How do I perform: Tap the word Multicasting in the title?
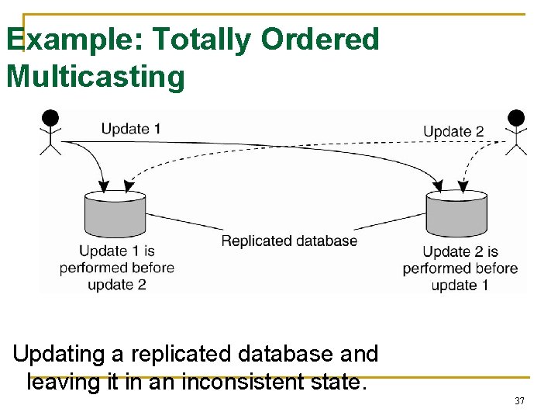95,77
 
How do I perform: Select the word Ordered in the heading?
320,40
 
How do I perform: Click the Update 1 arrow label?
131,129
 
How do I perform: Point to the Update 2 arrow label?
453,131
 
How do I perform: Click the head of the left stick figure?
50,118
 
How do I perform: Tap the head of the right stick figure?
515,118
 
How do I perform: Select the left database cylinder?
114,215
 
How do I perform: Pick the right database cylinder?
456,215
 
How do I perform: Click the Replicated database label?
289,241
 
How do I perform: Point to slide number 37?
519,401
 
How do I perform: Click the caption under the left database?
116,268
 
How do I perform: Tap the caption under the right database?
460,268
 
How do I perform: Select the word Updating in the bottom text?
59,355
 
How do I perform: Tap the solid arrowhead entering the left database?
104,186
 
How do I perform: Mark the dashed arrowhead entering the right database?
463,187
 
